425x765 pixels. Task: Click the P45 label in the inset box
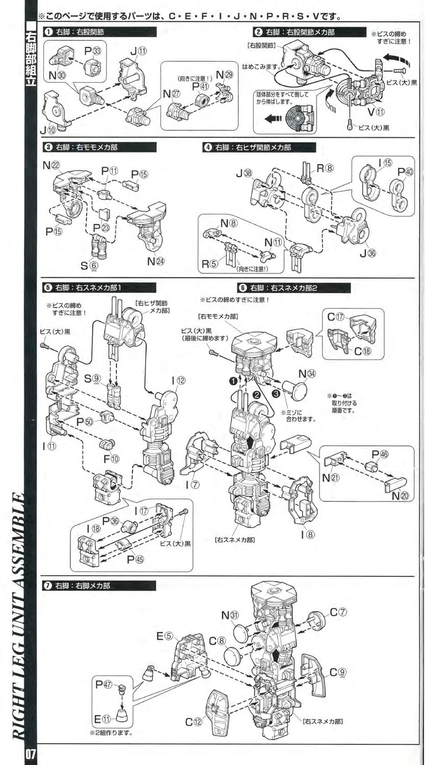tap(136, 558)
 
